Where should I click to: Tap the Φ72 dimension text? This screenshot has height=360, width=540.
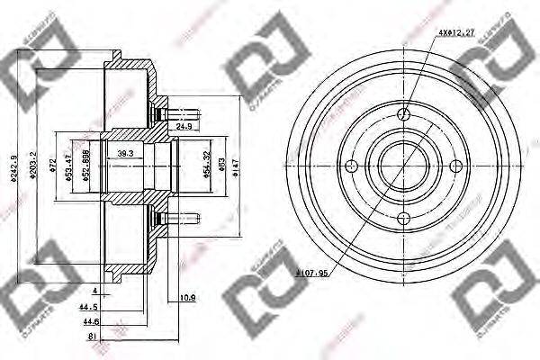[53, 166]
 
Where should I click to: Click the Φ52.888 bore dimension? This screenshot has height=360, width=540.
[85, 166]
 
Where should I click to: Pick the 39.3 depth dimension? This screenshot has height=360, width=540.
[126, 154]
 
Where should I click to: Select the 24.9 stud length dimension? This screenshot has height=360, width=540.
[185, 127]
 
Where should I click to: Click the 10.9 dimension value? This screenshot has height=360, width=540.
[188, 297]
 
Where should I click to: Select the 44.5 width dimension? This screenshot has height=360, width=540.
[89, 306]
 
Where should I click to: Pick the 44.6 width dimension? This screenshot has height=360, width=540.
[89, 320]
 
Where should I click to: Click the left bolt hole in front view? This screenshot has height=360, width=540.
[353, 165]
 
